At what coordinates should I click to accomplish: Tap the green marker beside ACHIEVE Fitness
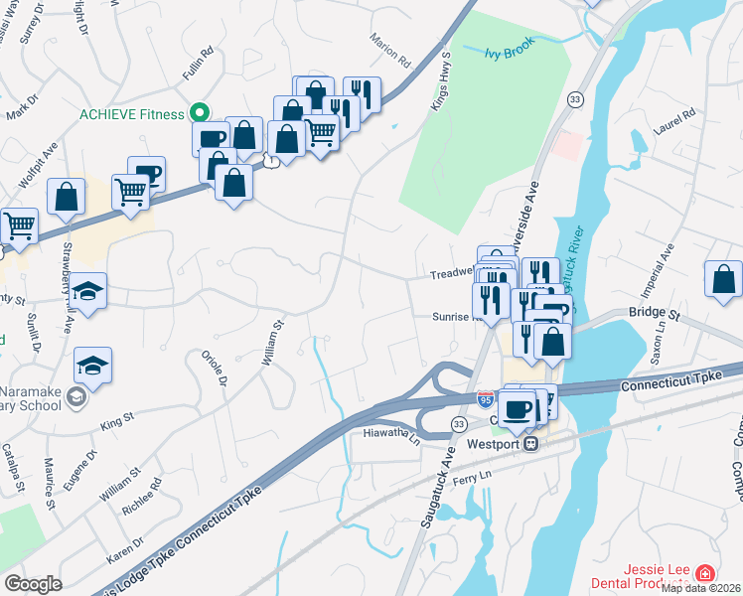199,113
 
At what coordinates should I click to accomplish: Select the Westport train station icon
532,443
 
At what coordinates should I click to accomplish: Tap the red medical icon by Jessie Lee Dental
704,573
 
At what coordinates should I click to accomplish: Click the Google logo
33,584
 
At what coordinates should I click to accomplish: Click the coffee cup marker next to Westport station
517,408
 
